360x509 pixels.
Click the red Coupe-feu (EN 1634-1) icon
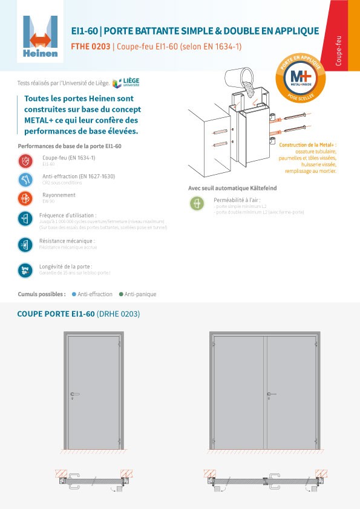(x=25, y=161)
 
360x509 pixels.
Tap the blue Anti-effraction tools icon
(x=25, y=180)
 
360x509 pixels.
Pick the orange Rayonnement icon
(x=25, y=198)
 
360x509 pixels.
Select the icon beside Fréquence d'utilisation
(x=25, y=218)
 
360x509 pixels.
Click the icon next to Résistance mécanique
(x=25, y=244)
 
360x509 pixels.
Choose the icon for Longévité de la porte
(x=25, y=270)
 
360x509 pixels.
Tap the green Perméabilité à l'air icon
(x=197, y=203)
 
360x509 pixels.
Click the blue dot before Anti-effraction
(x=74, y=294)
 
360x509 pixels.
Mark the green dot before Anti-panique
(x=121, y=294)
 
